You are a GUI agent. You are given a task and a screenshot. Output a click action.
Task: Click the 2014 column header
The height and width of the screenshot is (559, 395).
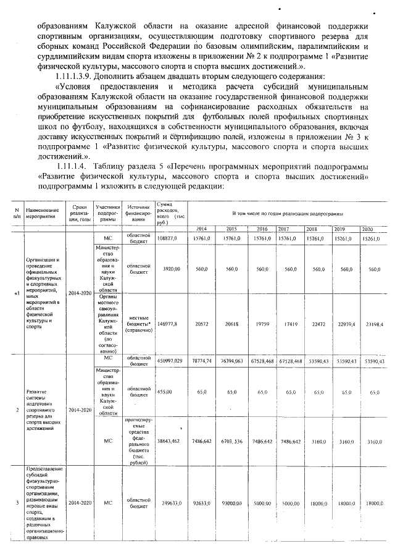[x=201, y=229]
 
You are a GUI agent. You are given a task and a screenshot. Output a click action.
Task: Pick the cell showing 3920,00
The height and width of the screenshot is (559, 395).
[x=170, y=269]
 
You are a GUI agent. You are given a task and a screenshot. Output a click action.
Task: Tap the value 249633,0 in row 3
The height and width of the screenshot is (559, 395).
[x=169, y=503]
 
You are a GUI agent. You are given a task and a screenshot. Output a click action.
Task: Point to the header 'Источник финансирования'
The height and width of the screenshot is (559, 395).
[x=138, y=214]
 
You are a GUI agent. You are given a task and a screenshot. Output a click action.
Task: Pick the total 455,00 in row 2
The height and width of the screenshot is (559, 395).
[x=165, y=392]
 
